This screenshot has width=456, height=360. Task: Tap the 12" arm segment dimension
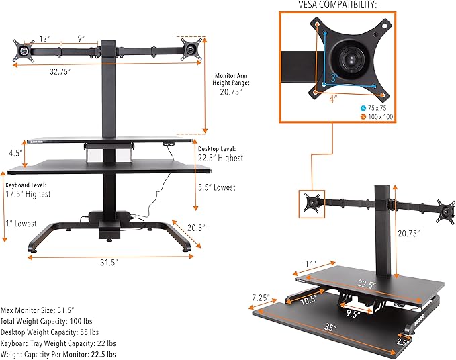tap(44, 38)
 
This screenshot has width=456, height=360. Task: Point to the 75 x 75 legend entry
tap(376, 107)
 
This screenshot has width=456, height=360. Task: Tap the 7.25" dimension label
tap(261, 297)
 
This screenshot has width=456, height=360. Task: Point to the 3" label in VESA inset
tap(334, 78)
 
